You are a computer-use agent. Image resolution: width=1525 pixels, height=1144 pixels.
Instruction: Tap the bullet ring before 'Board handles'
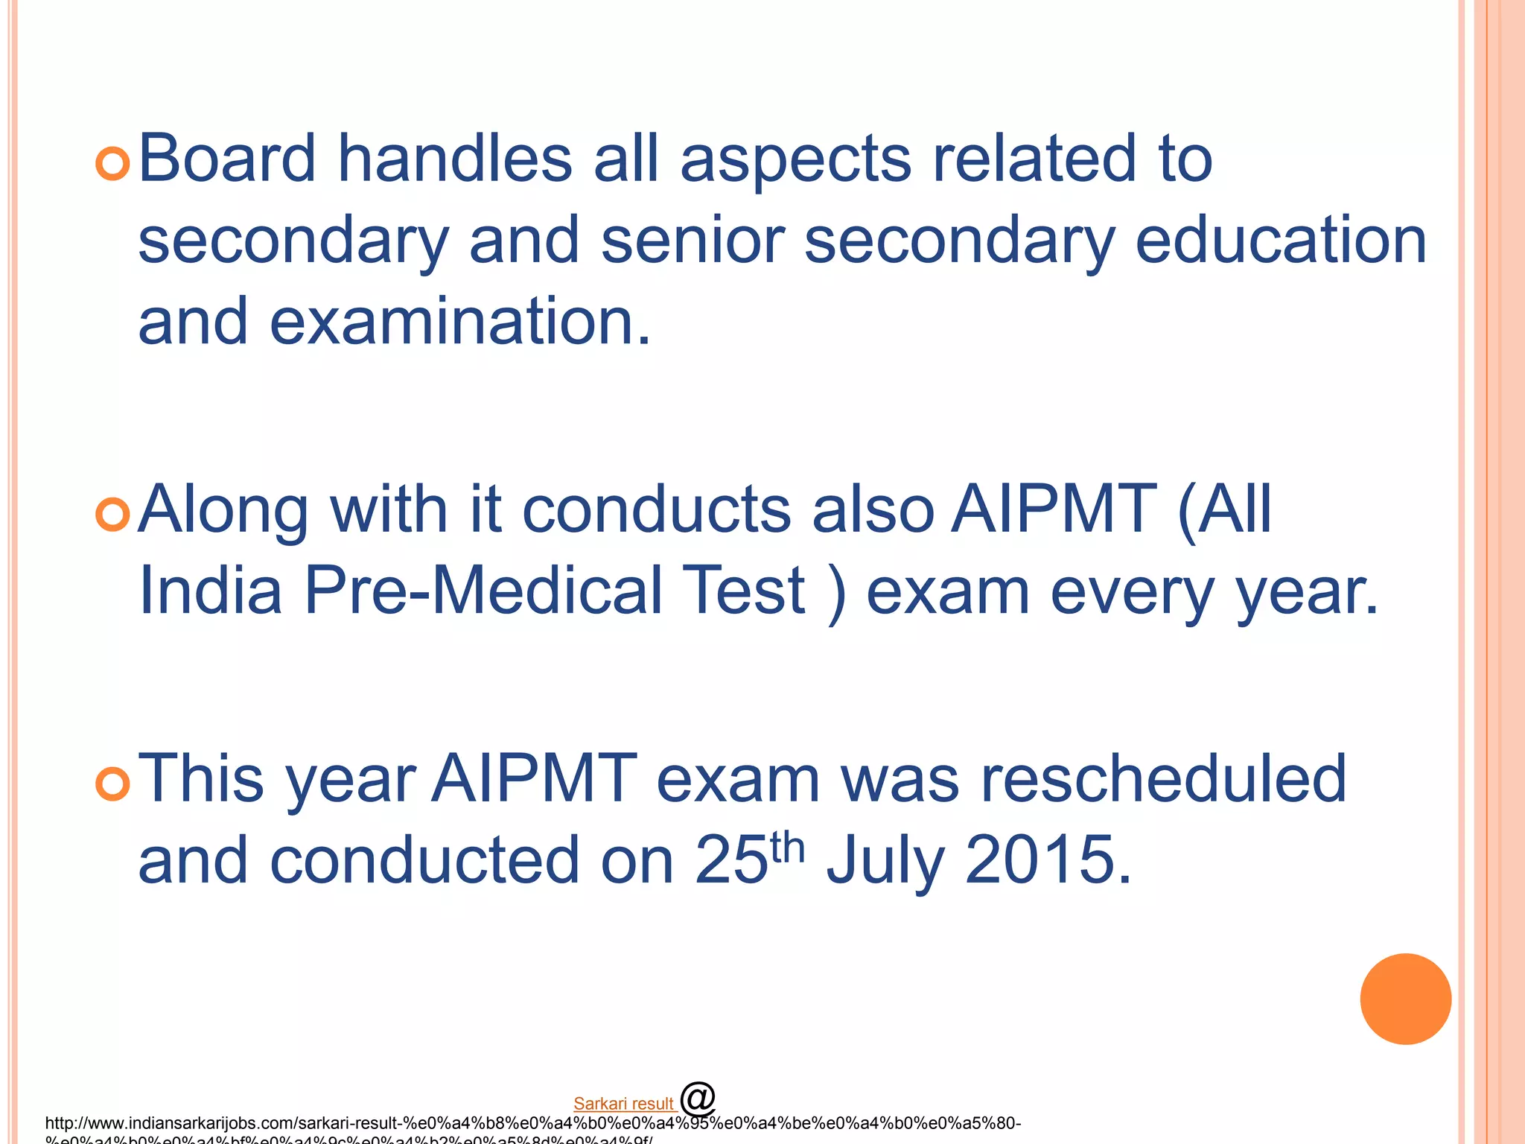click(x=113, y=162)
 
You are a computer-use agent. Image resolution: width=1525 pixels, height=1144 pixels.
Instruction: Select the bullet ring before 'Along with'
click(x=113, y=514)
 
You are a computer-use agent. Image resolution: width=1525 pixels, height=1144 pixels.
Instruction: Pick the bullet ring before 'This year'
click(x=113, y=784)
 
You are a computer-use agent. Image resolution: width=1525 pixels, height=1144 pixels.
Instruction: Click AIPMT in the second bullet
click(x=1054, y=509)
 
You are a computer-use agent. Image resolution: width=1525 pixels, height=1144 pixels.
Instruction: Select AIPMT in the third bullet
click(x=534, y=779)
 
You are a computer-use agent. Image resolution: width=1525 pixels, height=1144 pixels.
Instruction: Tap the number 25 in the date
click(x=730, y=860)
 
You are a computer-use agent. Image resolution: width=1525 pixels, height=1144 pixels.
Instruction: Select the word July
click(x=885, y=862)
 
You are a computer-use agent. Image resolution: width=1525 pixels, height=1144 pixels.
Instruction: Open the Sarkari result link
click(x=623, y=1104)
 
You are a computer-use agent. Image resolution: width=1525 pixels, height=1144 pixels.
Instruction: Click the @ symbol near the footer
click(x=697, y=1098)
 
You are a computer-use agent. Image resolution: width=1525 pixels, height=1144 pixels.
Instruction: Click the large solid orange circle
click(x=1405, y=999)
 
